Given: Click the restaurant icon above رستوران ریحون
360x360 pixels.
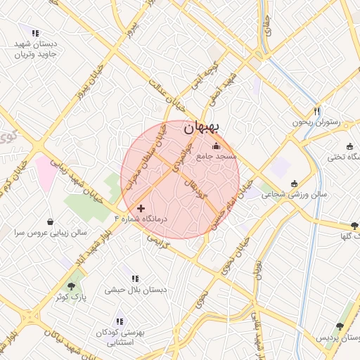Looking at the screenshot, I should (317, 111).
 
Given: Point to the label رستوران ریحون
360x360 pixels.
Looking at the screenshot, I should (316, 122).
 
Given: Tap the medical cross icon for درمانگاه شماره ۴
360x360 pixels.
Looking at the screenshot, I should (141, 209).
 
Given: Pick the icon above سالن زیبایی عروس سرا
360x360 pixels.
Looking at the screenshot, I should (50, 221).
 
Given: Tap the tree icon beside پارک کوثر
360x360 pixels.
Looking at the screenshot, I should (72, 287).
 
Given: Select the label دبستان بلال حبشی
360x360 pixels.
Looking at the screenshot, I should (136, 289).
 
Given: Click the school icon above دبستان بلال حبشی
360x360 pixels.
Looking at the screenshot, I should (135, 278).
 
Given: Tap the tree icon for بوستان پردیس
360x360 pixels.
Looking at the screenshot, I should (340, 327).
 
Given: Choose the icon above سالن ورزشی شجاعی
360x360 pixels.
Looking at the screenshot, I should (294, 183).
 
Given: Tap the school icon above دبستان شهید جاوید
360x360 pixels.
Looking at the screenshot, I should (35, 32).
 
